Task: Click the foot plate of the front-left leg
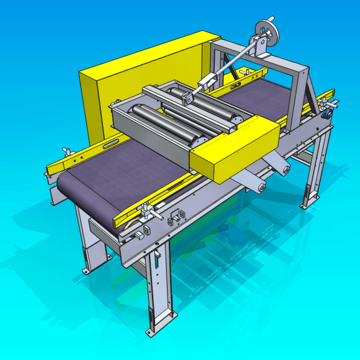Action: [87, 269]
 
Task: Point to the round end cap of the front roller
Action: [199, 141]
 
